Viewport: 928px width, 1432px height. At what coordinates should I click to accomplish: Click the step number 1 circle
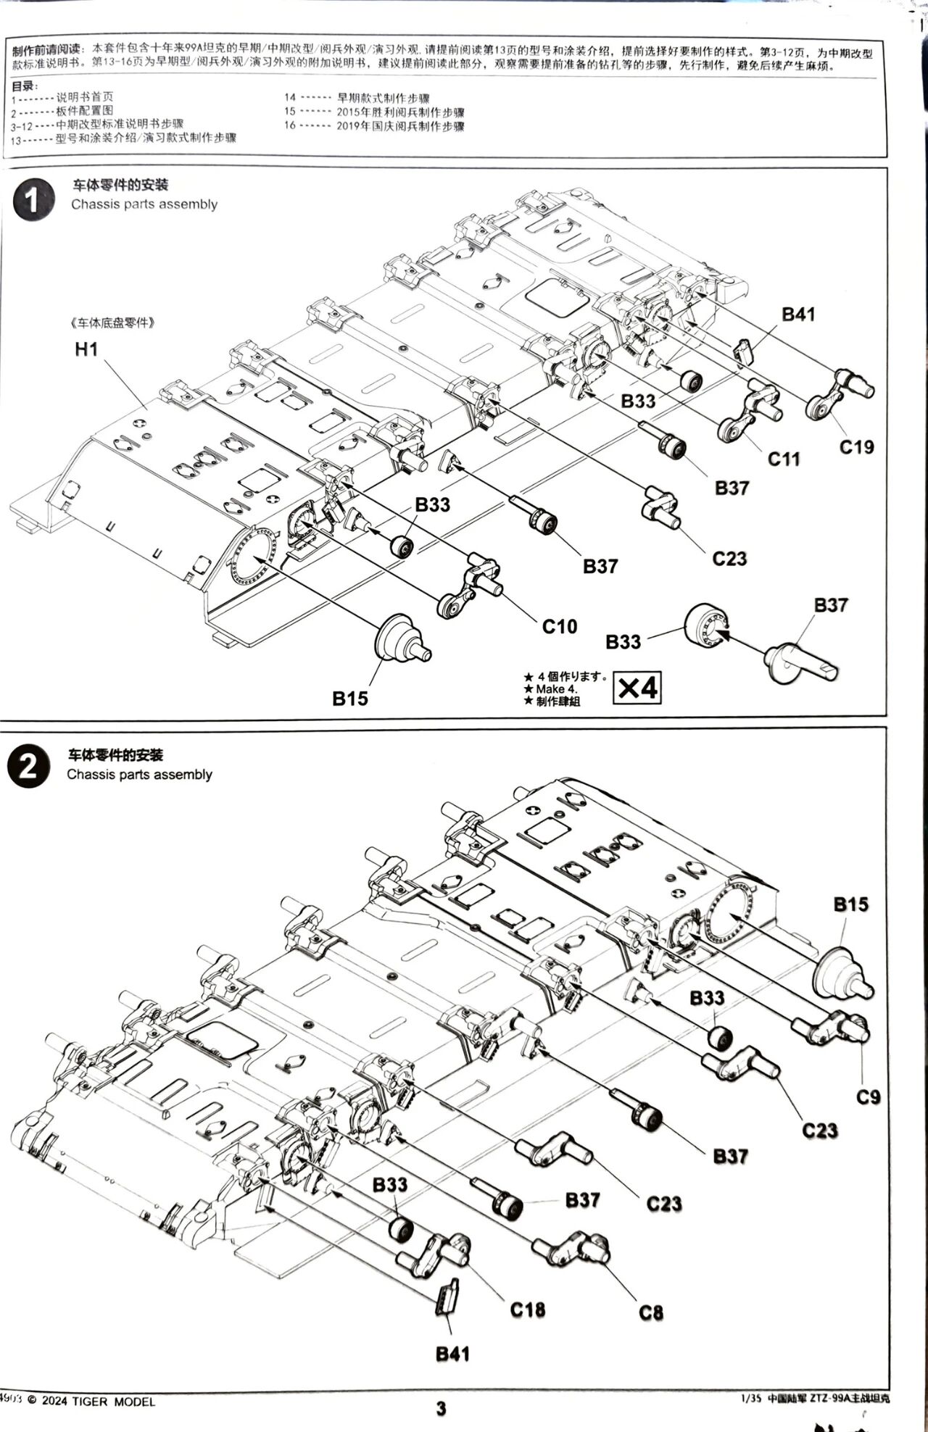(33, 199)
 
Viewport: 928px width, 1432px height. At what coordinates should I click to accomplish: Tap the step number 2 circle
(29, 767)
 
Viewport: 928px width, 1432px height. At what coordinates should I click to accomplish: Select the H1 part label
(86, 349)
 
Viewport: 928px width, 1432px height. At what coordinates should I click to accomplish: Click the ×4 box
(637, 687)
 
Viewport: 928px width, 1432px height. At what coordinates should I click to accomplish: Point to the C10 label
(559, 626)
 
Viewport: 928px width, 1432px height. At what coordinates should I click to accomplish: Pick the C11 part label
(783, 459)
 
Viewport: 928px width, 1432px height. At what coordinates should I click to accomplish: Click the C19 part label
(856, 447)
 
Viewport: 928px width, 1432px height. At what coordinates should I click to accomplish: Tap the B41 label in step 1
(797, 314)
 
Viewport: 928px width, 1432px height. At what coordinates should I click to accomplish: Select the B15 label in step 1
(350, 699)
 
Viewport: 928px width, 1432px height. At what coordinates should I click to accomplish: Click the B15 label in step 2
(850, 904)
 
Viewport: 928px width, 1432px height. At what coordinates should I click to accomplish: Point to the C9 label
(868, 1097)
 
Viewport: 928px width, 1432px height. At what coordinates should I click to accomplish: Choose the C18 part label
(527, 1310)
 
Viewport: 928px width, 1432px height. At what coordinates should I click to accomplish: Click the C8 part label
(650, 1312)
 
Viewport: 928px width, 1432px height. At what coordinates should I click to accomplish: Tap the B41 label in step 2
(452, 1354)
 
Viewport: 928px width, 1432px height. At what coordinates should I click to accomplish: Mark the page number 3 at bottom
(441, 1408)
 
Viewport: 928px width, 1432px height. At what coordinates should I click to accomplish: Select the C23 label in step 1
(729, 559)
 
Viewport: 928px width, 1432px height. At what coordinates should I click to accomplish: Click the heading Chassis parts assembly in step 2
(139, 774)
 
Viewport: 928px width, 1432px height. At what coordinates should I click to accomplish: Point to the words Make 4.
(556, 688)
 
